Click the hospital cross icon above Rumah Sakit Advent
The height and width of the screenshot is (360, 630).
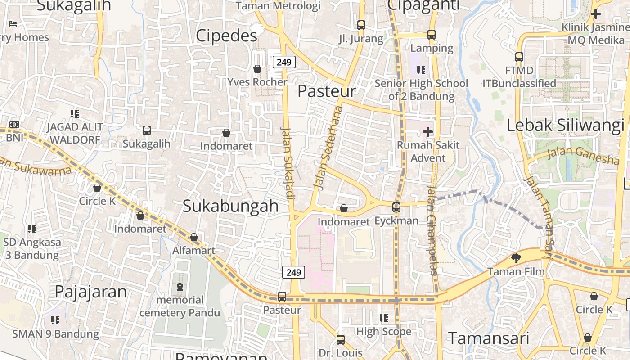427,132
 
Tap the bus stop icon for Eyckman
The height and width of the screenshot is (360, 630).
396,207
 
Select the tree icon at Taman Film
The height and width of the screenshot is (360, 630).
516,258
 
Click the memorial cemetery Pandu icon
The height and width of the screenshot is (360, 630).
180,286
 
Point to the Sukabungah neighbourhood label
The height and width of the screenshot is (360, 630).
230,206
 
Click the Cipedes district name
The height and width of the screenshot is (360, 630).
226,36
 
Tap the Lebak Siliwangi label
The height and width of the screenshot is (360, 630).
565,125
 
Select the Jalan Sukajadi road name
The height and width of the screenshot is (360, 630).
288,163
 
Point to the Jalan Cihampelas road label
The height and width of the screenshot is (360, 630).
432,229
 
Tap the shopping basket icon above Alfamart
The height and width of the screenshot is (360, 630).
194,237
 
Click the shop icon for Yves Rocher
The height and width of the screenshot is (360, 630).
257,69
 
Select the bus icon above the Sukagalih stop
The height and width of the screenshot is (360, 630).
147,130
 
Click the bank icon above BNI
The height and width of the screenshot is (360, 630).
14,125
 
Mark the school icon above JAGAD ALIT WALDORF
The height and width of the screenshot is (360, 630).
74,114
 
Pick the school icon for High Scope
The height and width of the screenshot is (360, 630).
383,318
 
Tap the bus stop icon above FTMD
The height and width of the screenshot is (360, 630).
519,57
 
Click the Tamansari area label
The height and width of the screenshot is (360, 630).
488,338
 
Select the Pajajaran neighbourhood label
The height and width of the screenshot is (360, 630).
90,291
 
